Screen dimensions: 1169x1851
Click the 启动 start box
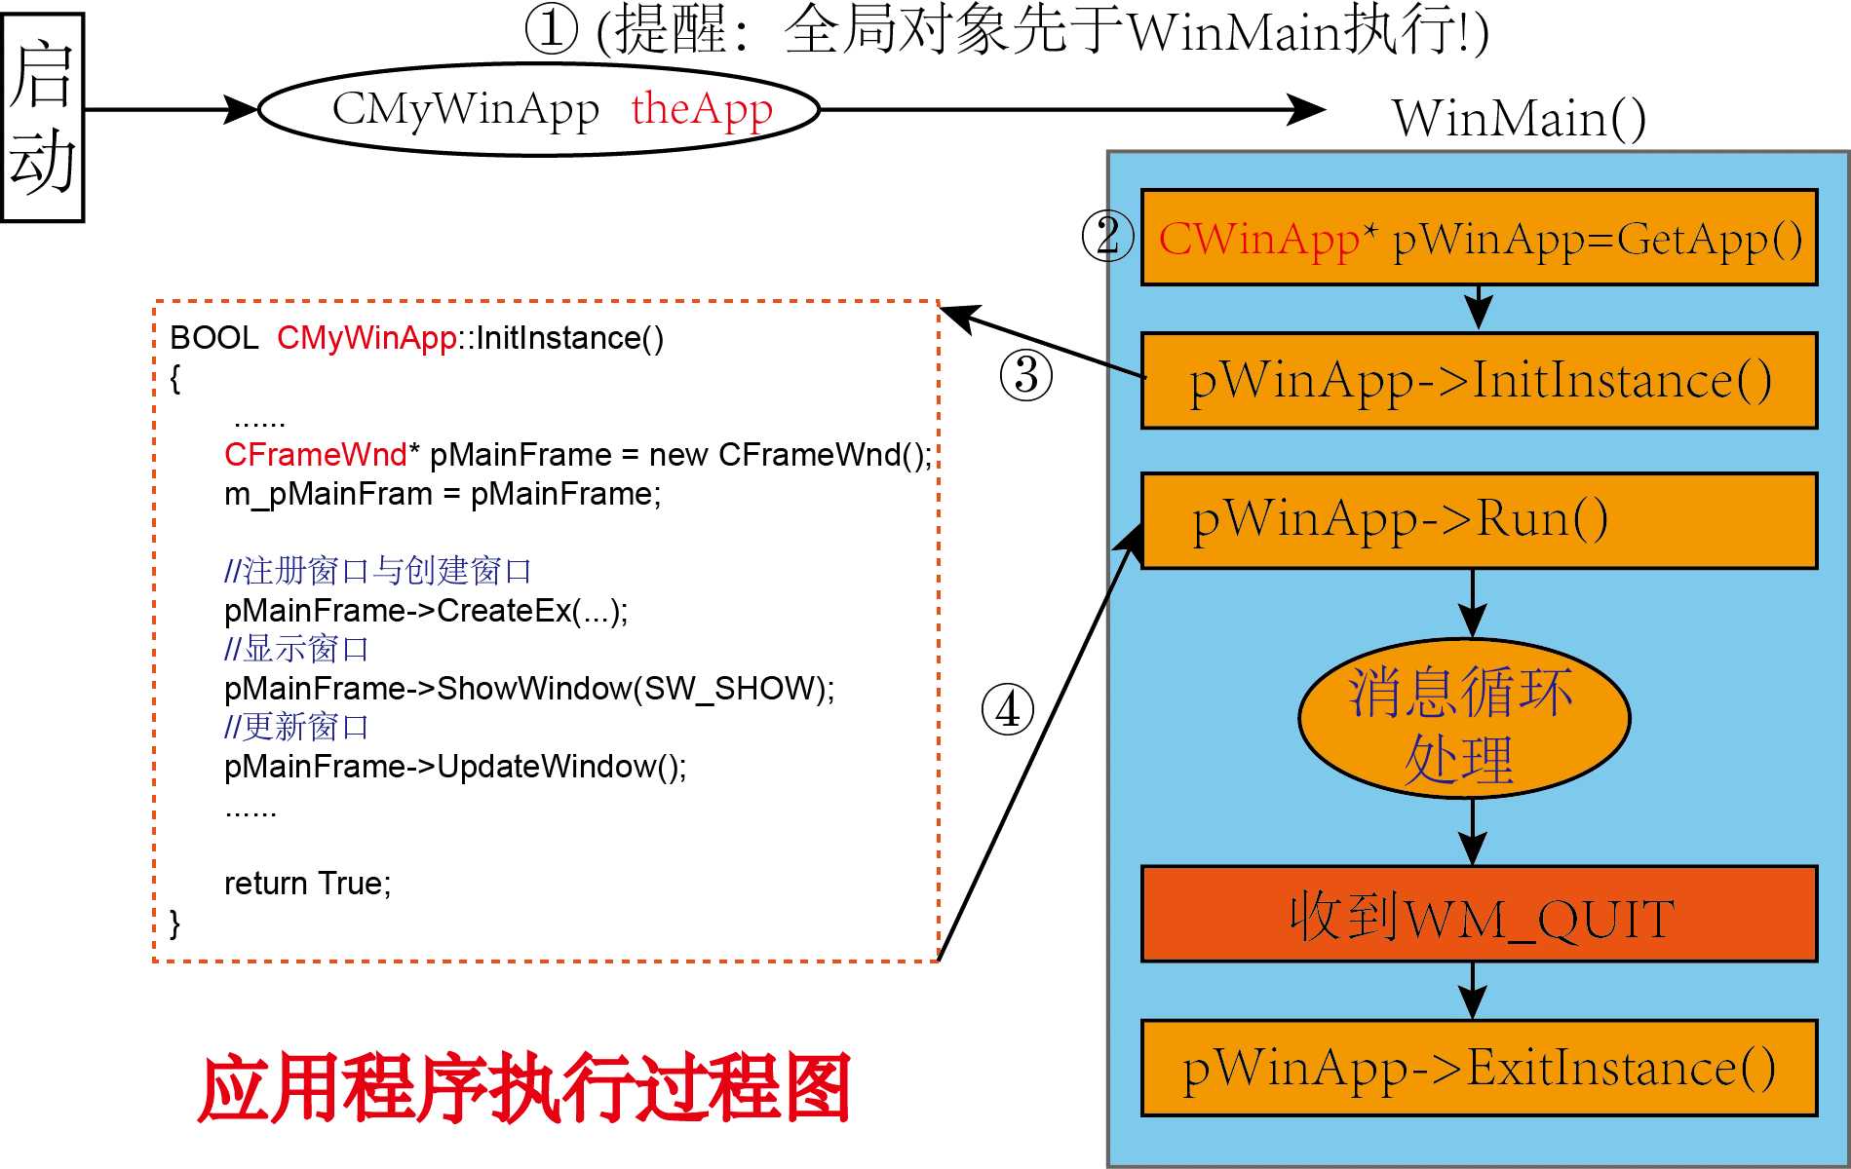[43, 118]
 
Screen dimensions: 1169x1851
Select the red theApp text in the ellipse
[702, 109]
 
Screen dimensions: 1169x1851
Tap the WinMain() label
[1519, 119]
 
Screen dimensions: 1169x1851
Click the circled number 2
[1108, 237]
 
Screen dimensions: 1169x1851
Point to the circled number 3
[1026, 375]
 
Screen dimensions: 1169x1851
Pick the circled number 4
[1008, 708]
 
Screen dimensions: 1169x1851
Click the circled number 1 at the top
[553, 29]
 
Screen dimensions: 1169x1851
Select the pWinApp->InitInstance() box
[1479, 380]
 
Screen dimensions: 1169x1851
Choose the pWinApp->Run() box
[1479, 520]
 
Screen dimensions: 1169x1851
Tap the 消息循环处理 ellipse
[1463, 719]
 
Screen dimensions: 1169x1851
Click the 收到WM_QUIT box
[1479, 915]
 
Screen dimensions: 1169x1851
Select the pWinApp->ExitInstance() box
[1479, 1068]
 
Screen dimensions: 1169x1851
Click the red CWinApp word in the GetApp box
[1258, 239]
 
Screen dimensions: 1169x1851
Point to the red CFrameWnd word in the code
[315, 455]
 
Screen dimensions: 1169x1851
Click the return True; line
[307, 884]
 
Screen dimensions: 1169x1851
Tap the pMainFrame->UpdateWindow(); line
[455, 767]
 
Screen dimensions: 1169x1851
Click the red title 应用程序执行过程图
[524, 1088]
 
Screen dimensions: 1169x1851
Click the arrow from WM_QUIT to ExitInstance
[1473, 991]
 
